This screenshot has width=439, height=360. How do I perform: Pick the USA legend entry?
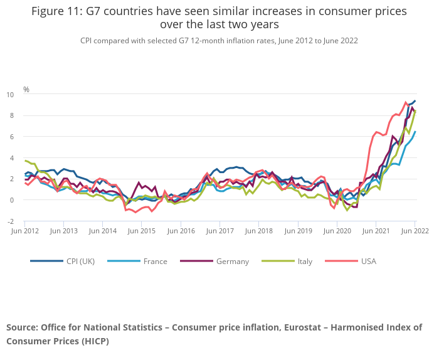click(366, 261)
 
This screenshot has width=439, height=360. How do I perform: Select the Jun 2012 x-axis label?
click(25, 231)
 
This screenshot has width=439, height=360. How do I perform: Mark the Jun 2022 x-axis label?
click(415, 231)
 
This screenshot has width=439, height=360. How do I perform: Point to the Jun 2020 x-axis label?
click(337, 231)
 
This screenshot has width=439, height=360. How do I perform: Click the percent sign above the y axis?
click(26, 89)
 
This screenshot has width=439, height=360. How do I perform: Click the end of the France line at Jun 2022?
click(415, 132)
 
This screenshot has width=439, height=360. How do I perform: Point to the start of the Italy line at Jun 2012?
click(25, 161)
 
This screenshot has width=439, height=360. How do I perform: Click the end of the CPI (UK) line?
click(415, 101)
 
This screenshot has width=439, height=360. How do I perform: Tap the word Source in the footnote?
click(22, 327)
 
